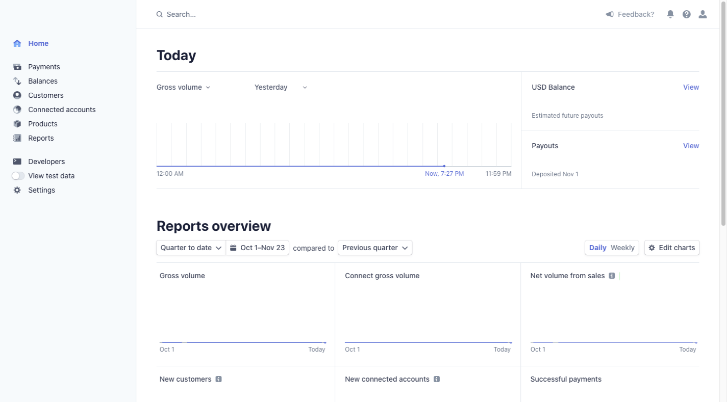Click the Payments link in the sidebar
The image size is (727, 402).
[x=44, y=67]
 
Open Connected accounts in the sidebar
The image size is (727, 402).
[x=62, y=110]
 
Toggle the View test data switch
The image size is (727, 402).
[x=18, y=176]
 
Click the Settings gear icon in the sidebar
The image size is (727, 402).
[x=17, y=190]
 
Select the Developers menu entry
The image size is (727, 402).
[x=46, y=162]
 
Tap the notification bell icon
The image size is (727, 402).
[x=670, y=14]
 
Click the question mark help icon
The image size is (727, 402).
[x=687, y=14]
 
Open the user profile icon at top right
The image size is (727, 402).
[x=703, y=14]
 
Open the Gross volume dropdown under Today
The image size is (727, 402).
[x=183, y=87]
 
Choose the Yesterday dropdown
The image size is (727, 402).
[x=281, y=87]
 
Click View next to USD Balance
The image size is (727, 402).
[x=691, y=87]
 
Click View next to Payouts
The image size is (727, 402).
[x=691, y=146]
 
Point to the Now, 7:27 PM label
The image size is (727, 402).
[x=444, y=174]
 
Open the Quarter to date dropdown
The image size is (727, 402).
[x=191, y=248]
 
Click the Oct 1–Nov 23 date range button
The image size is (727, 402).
[x=258, y=248]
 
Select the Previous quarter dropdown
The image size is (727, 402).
[x=375, y=248]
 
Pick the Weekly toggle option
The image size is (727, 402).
[x=622, y=248]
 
